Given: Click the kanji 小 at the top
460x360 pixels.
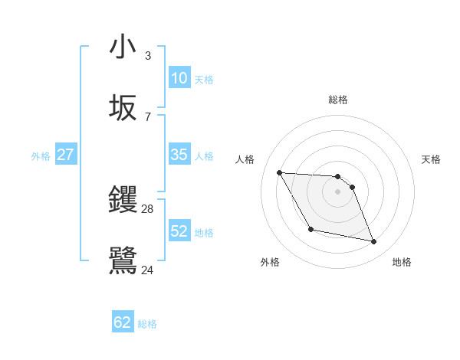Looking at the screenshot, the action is (123, 47).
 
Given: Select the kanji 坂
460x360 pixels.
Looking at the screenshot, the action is (123, 108).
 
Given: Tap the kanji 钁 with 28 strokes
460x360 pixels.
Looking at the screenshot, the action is (123, 200).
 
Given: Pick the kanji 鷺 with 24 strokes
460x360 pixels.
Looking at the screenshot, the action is (123, 260).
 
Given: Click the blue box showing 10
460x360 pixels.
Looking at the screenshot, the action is (179, 78).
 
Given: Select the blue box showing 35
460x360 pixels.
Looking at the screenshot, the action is (179, 155).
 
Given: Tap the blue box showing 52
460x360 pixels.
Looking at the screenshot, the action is (179, 231).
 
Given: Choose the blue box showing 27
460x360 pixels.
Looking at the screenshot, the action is (65, 155).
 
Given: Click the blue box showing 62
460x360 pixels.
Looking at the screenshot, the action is (123, 322).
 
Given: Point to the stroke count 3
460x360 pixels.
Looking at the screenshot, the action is (148, 55).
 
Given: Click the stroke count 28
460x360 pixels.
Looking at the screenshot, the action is (148, 208).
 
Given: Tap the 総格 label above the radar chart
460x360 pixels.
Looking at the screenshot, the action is (338, 100).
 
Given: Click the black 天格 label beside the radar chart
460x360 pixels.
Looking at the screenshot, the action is (432, 159).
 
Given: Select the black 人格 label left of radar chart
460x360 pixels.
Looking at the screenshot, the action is (245, 159).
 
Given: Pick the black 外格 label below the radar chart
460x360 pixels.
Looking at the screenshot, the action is (270, 262).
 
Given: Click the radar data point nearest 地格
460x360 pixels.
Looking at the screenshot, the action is (374, 242).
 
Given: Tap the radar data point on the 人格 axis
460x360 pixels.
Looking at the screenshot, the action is (279, 172).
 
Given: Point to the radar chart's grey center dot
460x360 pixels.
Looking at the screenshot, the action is (338, 191).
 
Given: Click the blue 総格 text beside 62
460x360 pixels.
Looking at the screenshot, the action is (147, 324).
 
